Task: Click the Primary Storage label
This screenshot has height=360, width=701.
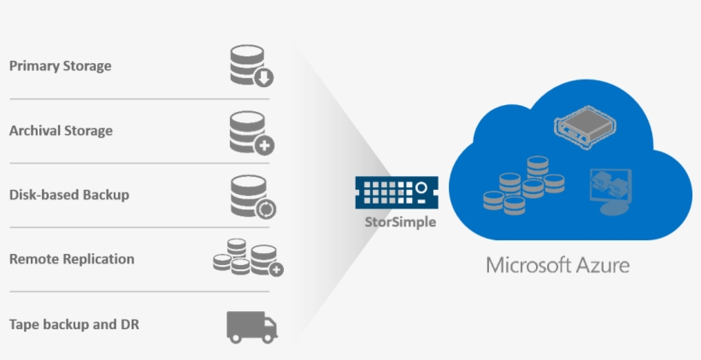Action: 60,66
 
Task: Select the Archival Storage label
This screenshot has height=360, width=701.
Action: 61,131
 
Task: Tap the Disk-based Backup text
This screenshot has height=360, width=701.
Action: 68,194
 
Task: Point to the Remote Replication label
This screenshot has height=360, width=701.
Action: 72,258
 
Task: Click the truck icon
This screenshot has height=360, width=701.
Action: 251,325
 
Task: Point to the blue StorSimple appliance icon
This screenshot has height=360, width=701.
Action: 397,192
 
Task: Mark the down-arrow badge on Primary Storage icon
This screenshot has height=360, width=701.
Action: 264,79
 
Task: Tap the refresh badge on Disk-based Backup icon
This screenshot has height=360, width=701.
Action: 266,208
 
